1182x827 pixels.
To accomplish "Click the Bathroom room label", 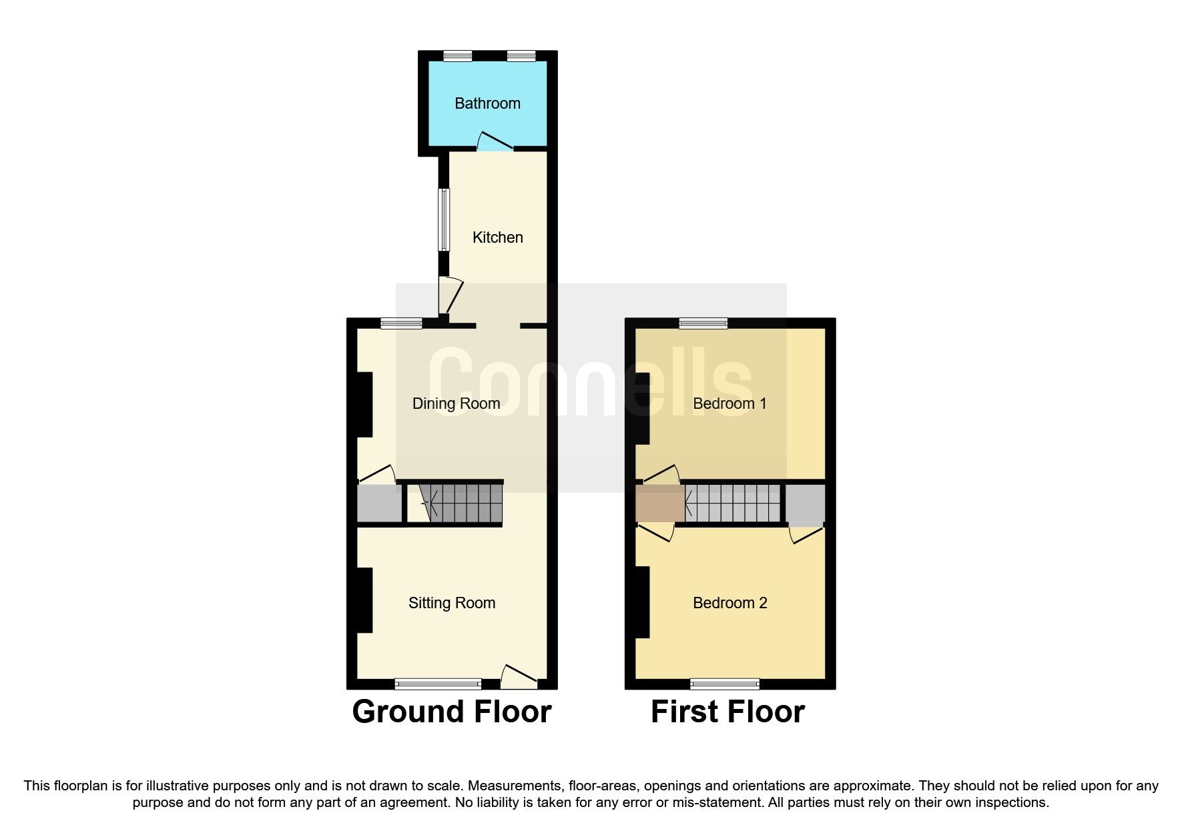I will coord(487,103).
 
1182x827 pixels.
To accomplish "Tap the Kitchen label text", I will coord(497,237).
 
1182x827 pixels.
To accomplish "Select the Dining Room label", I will coord(456,403).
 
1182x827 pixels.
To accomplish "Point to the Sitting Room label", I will coord(452,603).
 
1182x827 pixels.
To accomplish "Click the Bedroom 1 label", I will coord(729,403).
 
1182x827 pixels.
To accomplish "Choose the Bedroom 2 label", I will coord(729,603).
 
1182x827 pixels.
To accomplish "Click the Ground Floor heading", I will coord(451,712).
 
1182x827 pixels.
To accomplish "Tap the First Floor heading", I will coord(727,712).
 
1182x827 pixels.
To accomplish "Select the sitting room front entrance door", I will coord(519,677).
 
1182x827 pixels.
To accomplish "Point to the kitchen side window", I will coord(444,220).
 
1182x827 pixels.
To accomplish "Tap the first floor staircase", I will coord(733,503).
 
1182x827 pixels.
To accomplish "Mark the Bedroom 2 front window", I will coord(724,684).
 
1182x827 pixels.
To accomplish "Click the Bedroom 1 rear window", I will coord(703,323).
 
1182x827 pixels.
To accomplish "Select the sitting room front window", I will coord(438,684).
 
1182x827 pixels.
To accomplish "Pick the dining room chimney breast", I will coord(364,404).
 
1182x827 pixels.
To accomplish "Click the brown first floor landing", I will coord(659,503).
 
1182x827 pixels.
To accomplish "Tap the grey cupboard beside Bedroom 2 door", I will coord(804,504).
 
